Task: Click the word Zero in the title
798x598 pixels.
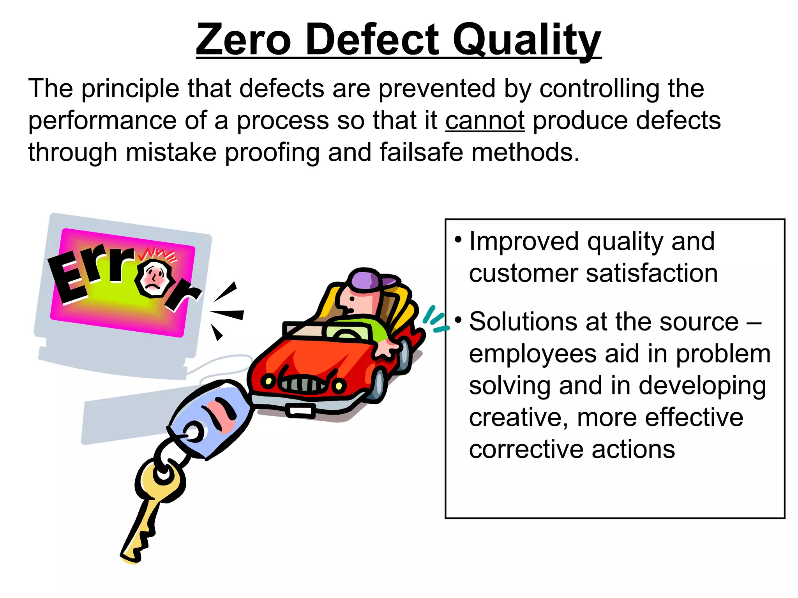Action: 244,39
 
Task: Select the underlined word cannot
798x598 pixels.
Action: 485,120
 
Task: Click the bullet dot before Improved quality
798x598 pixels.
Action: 458,239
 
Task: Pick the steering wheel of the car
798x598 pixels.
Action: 345,334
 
